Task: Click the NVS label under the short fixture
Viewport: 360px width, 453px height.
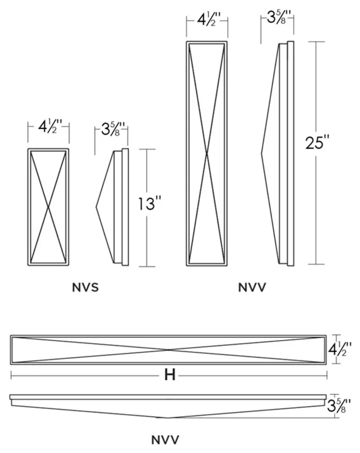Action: [85, 288]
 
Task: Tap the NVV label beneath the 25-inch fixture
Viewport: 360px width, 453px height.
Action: [252, 288]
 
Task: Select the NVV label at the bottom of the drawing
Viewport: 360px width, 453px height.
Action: [165, 440]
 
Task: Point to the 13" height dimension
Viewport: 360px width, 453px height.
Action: [149, 204]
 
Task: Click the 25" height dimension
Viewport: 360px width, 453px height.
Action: [317, 144]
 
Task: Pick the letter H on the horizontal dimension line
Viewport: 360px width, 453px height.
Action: [169, 375]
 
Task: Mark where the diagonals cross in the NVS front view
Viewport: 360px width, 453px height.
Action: [48, 207]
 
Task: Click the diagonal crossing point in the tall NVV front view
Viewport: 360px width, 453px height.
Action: [207, 154]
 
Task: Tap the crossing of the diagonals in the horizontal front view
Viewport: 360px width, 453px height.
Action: [168, 350]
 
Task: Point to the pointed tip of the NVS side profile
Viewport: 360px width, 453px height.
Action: [97, 207]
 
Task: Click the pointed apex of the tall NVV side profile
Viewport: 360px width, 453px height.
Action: [262, 154]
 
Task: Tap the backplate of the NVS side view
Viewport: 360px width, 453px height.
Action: [125, 207]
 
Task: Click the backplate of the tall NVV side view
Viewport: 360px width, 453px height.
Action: [290, 154]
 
